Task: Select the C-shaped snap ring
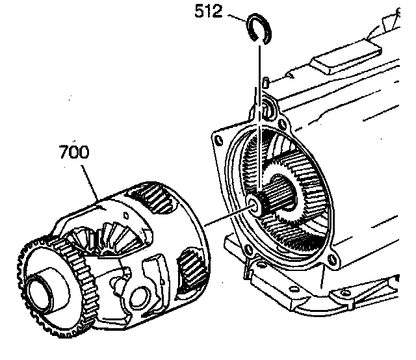click(259, 30)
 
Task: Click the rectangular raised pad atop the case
click(338, 65)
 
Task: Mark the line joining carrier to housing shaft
click(227, 216)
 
